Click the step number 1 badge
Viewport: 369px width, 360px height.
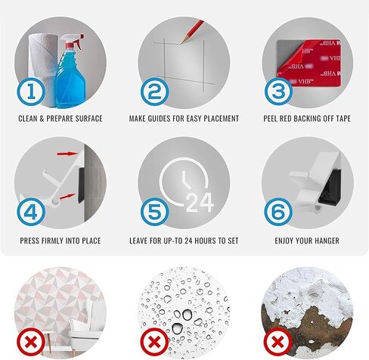31,92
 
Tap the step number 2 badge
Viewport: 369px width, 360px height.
154,92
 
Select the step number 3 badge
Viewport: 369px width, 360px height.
278,92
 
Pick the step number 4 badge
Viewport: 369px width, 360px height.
31,212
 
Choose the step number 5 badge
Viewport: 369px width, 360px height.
154,212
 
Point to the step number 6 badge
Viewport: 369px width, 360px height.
278,212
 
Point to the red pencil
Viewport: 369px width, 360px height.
193,31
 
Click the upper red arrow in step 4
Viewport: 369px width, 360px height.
67,154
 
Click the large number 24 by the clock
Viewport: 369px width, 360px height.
200,203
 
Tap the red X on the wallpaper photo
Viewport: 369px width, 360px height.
31,342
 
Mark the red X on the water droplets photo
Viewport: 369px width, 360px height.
154,342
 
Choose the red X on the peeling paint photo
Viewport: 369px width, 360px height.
278,342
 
